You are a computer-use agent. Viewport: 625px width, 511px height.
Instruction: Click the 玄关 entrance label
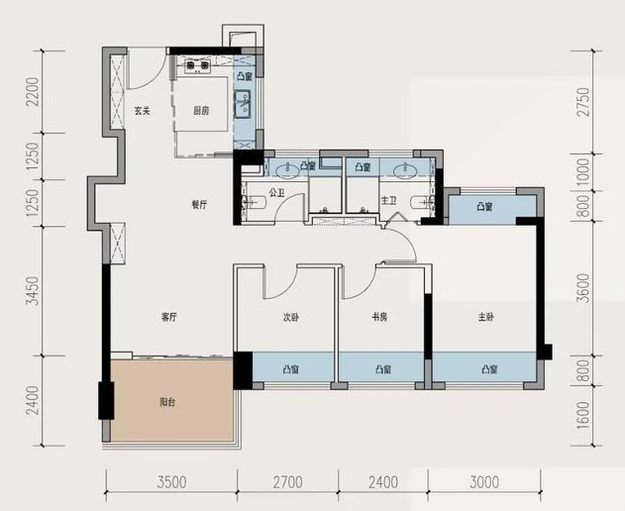(142, 110)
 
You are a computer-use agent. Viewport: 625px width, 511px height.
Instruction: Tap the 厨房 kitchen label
(201, 110)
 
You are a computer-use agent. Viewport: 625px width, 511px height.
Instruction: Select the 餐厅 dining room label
(199, 205)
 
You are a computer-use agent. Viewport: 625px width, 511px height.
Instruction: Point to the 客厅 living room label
(169, 317)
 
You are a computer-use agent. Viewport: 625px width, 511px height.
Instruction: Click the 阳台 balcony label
(167, 402)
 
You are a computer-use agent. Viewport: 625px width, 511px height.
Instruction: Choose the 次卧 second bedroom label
(291, 317)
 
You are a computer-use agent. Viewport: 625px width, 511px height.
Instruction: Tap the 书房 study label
(379, 317)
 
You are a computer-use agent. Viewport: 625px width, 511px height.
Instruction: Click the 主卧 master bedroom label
(486, 317)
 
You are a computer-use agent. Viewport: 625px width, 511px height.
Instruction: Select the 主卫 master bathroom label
(388, 200)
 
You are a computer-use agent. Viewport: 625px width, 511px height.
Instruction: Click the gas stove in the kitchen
(197, 65)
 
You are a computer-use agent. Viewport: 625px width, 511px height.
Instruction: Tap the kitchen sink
(242, 104)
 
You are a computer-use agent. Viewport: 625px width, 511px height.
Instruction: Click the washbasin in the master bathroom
(405, 170)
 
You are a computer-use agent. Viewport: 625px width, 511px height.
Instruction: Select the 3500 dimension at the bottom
(171, 482)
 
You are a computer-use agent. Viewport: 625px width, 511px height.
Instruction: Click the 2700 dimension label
(288, 482)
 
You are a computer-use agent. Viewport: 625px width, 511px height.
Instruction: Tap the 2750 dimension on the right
(583, 102)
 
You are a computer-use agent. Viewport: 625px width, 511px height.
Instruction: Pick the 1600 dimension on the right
(583, 415)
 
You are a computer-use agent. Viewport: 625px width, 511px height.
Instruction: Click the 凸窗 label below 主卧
(489, 369)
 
